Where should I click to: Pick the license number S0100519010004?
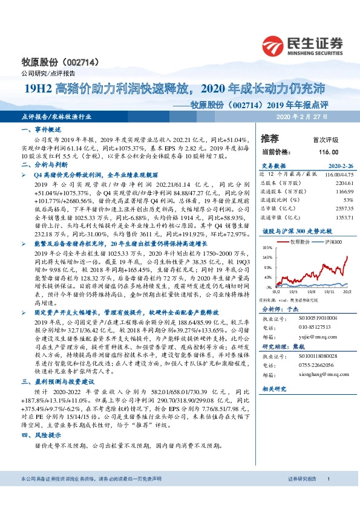(316, 318)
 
